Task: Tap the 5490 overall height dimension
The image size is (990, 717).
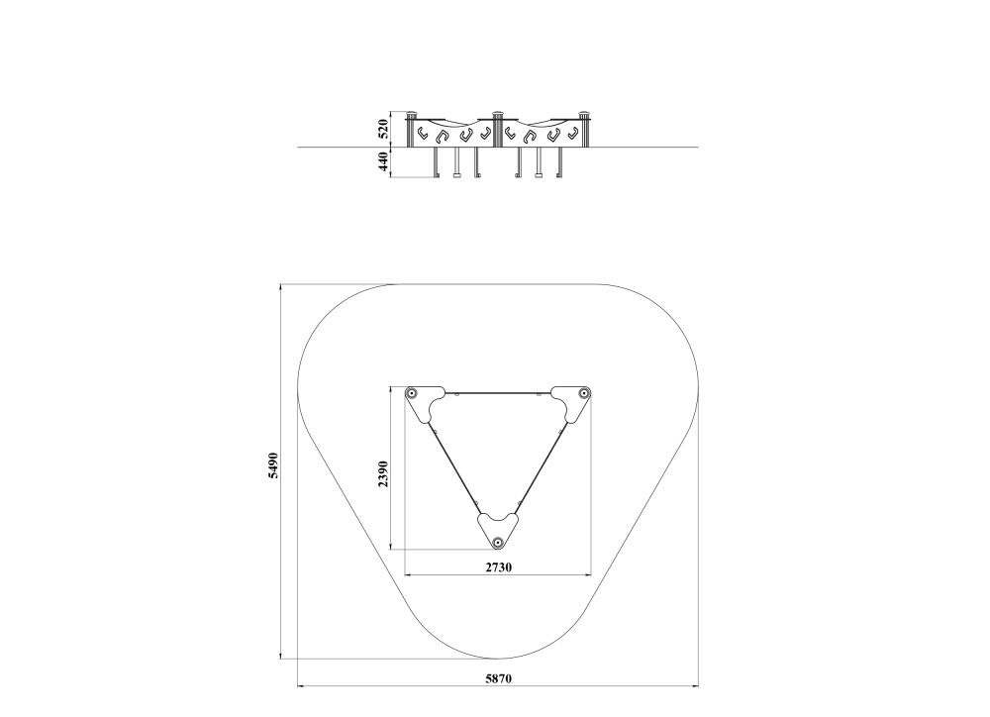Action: [273, 464]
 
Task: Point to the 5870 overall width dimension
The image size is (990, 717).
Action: [498, 679]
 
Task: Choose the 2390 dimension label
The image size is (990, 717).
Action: [383, 473]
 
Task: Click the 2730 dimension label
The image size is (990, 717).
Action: [498, 567]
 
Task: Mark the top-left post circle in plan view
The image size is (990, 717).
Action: [412, 393]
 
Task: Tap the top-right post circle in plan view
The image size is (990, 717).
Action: [585, 393]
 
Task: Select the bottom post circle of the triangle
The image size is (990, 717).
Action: [498, 542]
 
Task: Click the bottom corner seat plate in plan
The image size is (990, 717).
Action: [498, 530]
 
